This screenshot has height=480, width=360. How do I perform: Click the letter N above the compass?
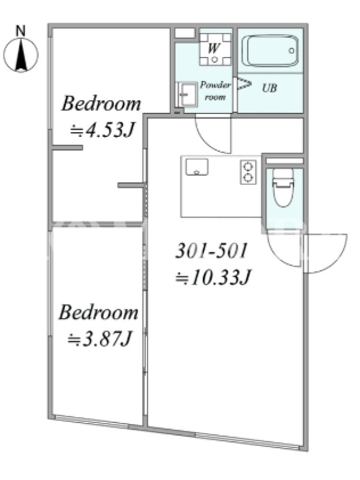(20, 31)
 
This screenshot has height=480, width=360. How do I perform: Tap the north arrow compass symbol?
(21, 55)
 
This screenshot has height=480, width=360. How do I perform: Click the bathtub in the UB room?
(270, 51)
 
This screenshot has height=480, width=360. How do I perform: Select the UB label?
(269, 88)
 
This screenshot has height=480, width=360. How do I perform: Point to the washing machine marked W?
(215, 49)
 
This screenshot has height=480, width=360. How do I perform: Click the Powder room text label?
(215, 91)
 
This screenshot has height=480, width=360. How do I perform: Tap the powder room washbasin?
(187, 94)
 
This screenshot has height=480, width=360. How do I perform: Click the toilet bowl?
(283, 188)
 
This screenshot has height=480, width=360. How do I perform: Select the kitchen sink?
(197, 167)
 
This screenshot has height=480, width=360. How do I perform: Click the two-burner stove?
(248, 172)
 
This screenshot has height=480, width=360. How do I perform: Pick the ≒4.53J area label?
(102, 131)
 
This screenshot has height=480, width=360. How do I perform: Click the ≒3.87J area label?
(100, 339)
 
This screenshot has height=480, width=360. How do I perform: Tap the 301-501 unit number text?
(211, 251)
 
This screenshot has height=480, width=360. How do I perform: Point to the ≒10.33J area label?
(213, 277)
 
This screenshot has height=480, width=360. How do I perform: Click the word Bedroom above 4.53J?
(101, 104)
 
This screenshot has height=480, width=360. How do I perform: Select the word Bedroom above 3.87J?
(98, 312)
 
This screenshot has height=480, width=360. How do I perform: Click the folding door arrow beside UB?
(245, 83)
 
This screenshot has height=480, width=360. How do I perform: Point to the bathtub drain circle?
(292, 51)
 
